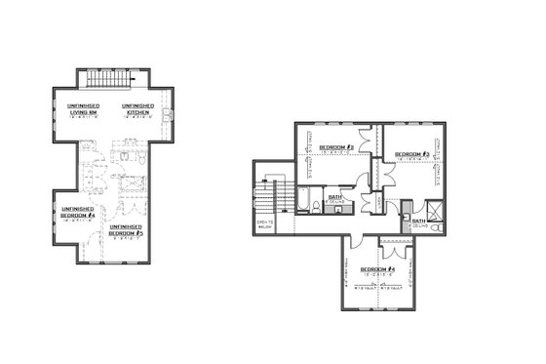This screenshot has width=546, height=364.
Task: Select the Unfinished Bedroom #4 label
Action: [x=77, y=212]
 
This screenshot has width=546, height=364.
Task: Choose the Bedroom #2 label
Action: [x=334, y=147]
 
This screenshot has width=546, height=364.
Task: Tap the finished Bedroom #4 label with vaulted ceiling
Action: [x=376, y=269]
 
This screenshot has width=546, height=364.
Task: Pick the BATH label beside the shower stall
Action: [x=418, y=221]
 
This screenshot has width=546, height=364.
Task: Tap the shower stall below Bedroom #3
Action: [x=429, y=207]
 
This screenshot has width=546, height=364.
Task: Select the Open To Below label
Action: [x=264, y=225]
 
